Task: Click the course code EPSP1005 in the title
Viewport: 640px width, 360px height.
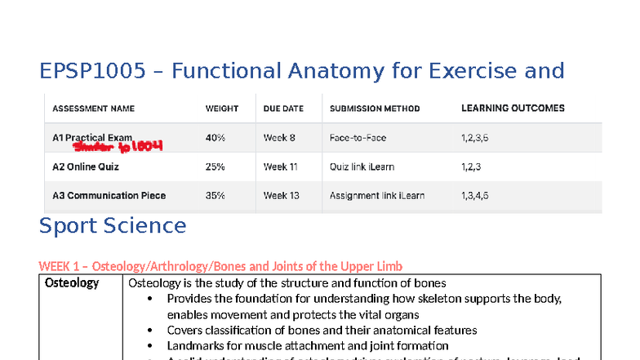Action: (x=91, y=72)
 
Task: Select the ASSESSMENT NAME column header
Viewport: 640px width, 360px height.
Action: (x=94, y=109)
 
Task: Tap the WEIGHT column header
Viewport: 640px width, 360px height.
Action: (x=222, y=109)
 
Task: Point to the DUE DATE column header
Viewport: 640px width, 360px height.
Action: (x=283, y=109)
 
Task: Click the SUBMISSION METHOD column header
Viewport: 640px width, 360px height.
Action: (x=375, y=109)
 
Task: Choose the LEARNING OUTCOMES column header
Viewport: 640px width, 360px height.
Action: (x=513, y=108)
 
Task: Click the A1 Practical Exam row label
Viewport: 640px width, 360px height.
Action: (x=92, y=138)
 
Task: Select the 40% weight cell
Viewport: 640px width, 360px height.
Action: (x=216, y=138)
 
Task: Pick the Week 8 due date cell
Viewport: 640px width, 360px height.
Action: (x=279, y=138)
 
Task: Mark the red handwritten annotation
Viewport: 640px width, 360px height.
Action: (x=119, y=147)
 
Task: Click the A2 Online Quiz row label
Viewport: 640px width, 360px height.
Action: (x=86, y=167)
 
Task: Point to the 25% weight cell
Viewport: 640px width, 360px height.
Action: (x=216, y=167)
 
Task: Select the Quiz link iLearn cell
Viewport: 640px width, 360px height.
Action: (x=362, y=167)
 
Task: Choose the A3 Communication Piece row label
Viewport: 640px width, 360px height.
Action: (x=109, y=195)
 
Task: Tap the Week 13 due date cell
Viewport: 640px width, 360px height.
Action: (x=282, y=195)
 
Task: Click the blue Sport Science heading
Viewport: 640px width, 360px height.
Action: (x=113, y=225)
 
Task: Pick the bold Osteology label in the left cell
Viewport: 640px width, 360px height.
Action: (x=72, y=283)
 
